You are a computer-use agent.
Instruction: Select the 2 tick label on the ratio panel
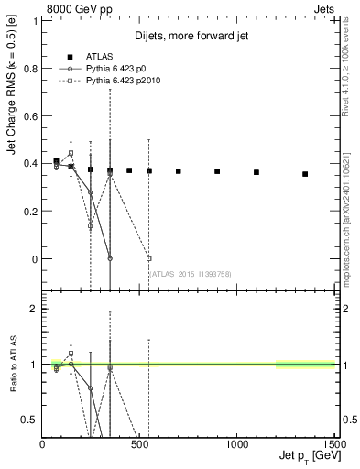pos(34,309)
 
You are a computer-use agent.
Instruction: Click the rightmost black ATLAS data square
pos(305,173)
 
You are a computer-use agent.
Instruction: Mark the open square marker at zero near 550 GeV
pos(148,258)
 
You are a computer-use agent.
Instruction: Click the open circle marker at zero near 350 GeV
pos(110,258)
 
